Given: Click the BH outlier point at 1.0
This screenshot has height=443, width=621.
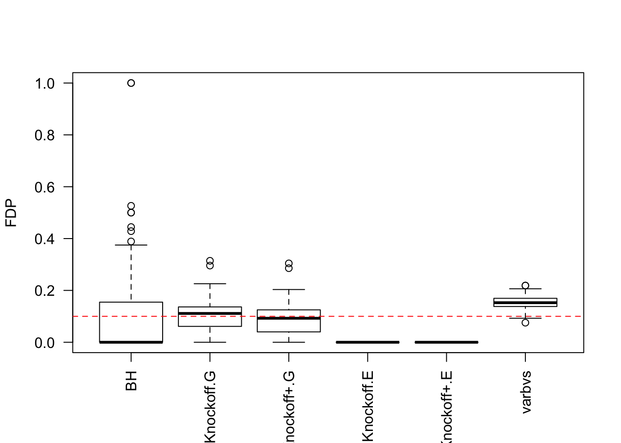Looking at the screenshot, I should click(131, 83).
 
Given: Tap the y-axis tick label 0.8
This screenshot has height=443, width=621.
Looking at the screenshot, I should click(44, 135).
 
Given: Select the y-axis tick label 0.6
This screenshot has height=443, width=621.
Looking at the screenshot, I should click(44, 187).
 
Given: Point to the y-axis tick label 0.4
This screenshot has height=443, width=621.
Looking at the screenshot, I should click(44, 239).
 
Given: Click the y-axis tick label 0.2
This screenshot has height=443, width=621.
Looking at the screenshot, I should click(44, 291).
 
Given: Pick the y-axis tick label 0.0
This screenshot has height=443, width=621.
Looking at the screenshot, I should click(44, 343).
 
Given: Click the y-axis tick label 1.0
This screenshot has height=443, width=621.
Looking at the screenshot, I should click(44, 84).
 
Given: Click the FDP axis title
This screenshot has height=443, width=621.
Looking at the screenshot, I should click(11, 213).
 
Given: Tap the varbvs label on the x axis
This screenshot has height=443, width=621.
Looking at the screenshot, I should click(526, 392).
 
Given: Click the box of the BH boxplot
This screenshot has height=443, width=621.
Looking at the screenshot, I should click(131, 322).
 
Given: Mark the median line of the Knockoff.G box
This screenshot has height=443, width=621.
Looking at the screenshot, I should click(210, 313).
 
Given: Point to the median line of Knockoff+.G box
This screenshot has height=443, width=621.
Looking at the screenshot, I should click(289, 318).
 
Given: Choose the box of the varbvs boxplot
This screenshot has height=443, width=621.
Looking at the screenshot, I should click(525, 302).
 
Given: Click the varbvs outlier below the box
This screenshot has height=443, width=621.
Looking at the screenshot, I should click(525, 323).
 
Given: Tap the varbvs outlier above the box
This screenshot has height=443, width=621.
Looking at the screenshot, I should click(525, 286).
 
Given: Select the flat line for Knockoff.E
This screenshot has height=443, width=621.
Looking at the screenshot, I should click(368, 342).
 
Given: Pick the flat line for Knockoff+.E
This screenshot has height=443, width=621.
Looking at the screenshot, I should click(446, 342).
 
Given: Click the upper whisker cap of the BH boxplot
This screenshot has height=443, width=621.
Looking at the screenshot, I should click(131, 245).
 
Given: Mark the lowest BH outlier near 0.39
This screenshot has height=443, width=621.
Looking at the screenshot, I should click(131, 241).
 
